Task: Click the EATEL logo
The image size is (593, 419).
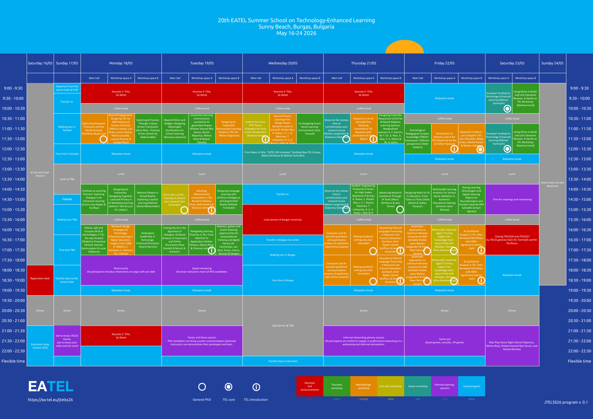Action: (x=51, y=386)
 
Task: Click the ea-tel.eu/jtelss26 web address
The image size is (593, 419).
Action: (x=50, y=400)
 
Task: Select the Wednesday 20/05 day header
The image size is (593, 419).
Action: (x=283, y=63)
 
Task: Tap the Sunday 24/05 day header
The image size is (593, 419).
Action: (x=552, y=63)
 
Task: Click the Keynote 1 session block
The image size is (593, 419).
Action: (x=121, y=93)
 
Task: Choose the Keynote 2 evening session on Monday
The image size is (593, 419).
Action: (x=121, y=336)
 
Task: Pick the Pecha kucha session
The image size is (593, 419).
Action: (x=121, y=270)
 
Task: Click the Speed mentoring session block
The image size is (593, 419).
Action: (x=202, y=270)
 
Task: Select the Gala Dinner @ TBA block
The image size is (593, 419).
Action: (x=283, y=325)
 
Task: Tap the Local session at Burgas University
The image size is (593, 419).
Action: (x=283, y=220)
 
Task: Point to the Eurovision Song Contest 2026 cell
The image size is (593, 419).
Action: (x=40, y=346)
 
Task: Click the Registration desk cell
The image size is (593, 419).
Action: (x=40, y=278)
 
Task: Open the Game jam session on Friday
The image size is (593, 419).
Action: (x=445, y=341)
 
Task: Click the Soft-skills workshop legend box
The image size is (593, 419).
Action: (x=391, y=386)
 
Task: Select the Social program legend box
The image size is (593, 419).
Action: (x=471, y=386)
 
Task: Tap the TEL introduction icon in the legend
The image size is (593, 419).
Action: (x=256, y=387)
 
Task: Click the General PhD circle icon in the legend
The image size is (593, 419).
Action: (x=202, y=387)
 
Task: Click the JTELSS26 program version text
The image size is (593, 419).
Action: (x=566, y=402)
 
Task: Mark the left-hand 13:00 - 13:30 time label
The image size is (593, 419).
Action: (x=13, y=169)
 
